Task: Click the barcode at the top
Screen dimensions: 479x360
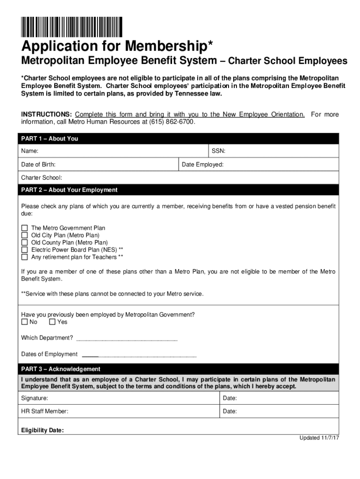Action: pyautogui.click(x=72, y=27)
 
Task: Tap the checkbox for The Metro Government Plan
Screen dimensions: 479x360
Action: pyautogui.click(x=25, y=228)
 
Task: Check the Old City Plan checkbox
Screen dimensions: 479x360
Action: pyautogui.click(x=25, y=235)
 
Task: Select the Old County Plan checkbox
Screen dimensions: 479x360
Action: pyautogui.click(x=25, y=243)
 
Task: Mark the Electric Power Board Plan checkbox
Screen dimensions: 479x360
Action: pyautogui.click(x=25, y=250)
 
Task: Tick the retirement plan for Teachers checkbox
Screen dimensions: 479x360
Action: pyautogui.click(x=25, y=257)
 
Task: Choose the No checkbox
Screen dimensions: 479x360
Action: pyautogui.click(x=25, y=322)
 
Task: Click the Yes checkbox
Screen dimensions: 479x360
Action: pyautogui.click(x=52, y=322)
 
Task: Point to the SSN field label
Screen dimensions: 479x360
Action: pyautogui.click(x=218, y=151)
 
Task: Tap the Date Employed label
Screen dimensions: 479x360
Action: pyautogui.click(x=202, y=165)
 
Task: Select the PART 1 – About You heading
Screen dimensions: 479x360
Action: pyautogui.click(x=50, y=139)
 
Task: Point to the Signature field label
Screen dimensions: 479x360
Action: pyautogui.click(x=35, y=398)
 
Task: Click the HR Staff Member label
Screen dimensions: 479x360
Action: pyautogui.click(x=45, y=411)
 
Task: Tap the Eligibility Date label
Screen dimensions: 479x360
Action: pyautogui.click(x=43, y=430)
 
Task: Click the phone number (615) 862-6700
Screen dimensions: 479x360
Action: pyautogui.click(x=171, y=122)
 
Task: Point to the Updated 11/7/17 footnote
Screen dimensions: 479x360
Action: pyautogui.click(x=319, y=438)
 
